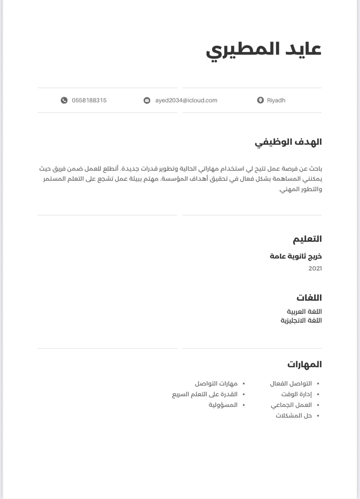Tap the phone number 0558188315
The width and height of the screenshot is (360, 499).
(x=89, y=100)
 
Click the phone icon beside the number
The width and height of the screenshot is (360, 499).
(x=64, y=100)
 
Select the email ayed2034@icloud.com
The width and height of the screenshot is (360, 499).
(x=186, y=100)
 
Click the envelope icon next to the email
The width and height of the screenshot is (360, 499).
(x=147, y=100)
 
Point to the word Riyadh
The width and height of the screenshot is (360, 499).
(x=276, y=100)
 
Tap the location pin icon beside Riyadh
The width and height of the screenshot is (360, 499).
(x=260, y=100)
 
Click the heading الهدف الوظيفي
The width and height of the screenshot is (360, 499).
(x=288, y=142)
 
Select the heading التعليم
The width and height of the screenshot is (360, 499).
(x=307, y=239)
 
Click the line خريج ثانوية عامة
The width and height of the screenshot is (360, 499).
(x=296, y=256)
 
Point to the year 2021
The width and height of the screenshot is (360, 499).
(x=315, y=269)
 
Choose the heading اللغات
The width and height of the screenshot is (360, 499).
(x=309, y=298)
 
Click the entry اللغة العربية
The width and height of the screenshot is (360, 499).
(x=304, y=312)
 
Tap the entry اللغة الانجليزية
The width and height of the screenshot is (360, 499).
(x=301, y=320)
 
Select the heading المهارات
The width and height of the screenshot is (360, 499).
(x=304, y=364)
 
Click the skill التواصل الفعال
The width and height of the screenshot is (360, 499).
(x=291, y=384)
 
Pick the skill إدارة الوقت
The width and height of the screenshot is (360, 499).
(x=296, y=394)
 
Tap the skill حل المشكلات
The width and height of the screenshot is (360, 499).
(x=294, y=416)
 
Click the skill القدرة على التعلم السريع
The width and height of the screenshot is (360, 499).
(x=205, y=394)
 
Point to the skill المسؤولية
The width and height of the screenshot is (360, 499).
(x=223, y=405)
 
